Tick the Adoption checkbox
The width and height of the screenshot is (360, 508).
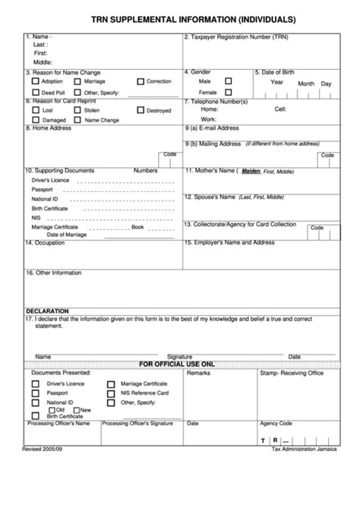pyautogui.click(x=36, y=80)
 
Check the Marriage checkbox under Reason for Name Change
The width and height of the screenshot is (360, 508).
pyautogui.click(x=78, y=80)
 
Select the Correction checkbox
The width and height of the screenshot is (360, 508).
pyautogui.click(x=141, y=80)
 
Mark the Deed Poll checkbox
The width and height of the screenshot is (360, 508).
pyautogui.click(x=36, y=91)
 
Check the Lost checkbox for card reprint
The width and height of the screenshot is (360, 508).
pyautogui.click(x=36, y=110)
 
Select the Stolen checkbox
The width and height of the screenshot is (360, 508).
pyautogui.click(x=78, y=110)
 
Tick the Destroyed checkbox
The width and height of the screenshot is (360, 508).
pyautogui.click(x=141, y=110)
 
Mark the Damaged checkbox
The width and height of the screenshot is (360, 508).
pyautogui.click(x=36, y=120)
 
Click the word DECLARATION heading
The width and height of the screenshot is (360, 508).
pyautogui.click(x=47, y=311)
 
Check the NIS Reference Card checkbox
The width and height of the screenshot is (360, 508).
pyautogui.click(x=111, y=393)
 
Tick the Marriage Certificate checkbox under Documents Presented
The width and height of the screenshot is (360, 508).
pyautogui.click(x=111, y=384)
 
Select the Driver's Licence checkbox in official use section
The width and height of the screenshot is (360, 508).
pyautogui.click(x=35, y=384)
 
